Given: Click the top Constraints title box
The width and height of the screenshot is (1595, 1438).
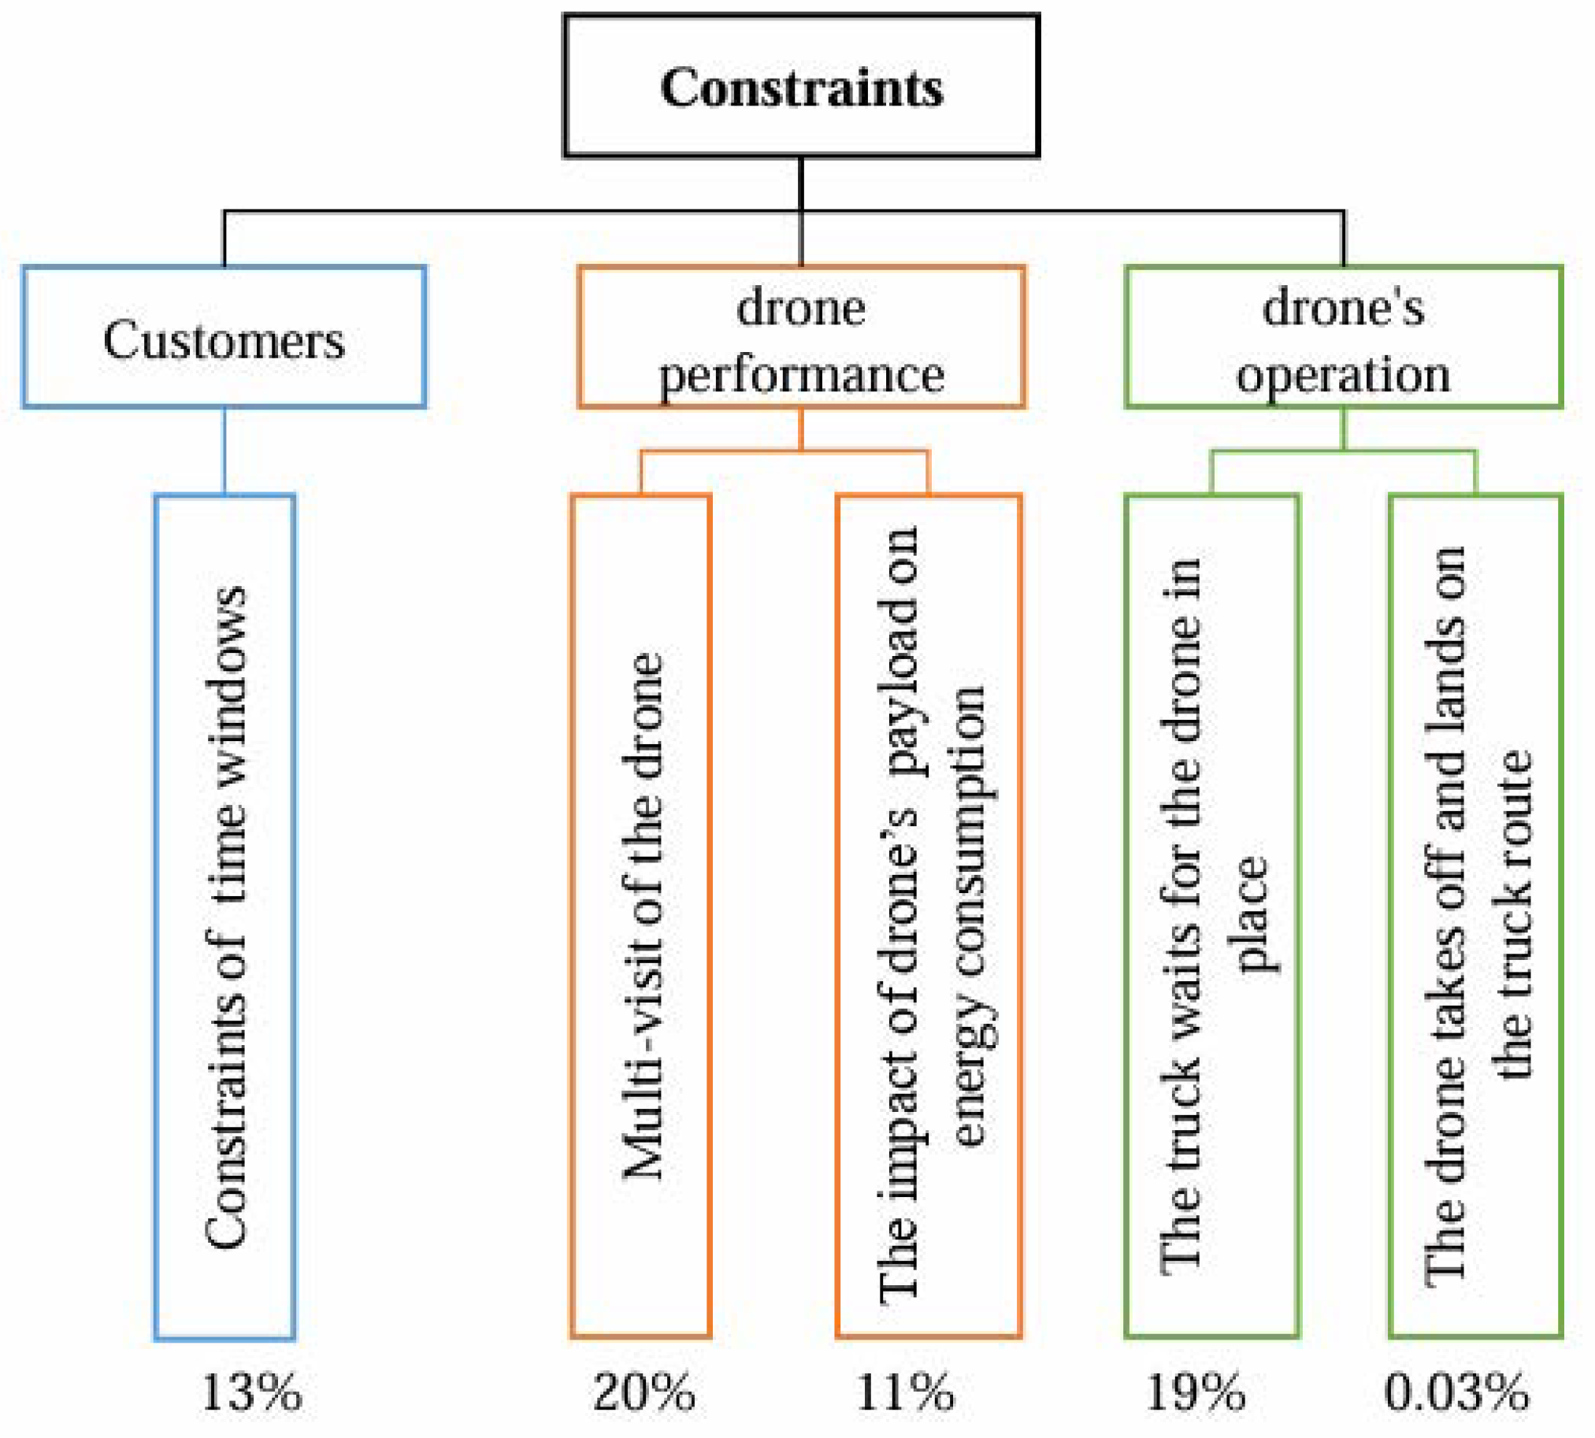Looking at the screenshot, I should point(800,85).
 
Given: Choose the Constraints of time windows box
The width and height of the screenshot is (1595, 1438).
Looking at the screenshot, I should point(224,917).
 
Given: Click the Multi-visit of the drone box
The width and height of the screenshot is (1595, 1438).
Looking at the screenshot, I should point(640,917).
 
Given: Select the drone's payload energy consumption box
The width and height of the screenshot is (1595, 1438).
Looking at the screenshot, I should point(928,917).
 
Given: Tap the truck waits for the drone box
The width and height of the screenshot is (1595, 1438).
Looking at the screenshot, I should point(1211,917).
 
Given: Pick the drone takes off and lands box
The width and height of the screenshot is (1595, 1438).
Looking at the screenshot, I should point(1474,917).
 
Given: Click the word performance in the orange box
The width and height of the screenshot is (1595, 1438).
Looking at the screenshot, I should point(801,375).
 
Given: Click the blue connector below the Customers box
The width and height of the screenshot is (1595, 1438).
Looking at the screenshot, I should point(224,450).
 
